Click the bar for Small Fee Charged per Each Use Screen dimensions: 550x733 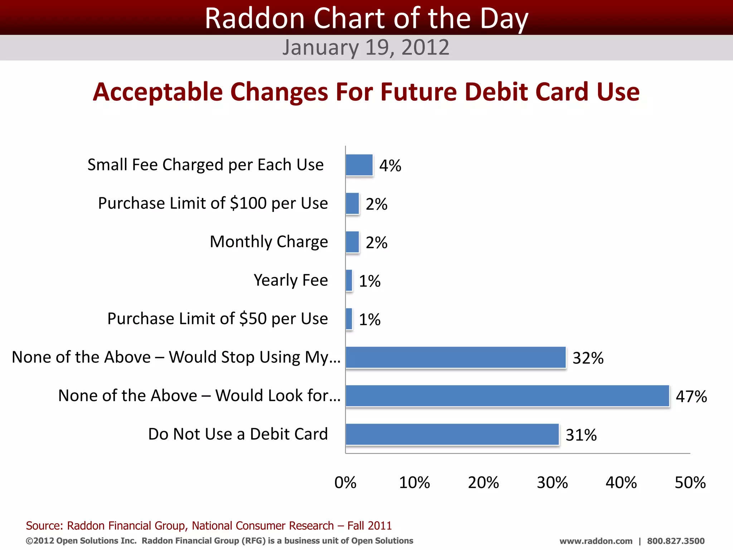[x=359, y=165]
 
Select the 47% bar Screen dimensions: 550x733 [x=507, y=396]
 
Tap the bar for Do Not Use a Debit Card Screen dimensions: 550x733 [x=452, y=434]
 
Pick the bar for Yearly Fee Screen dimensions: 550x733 [x=349, y=280]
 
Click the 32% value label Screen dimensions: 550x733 [x=588, y=358]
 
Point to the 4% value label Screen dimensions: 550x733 [x=390, y=166]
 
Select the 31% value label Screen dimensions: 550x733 [x=581, y=435]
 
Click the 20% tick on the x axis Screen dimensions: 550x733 [x=483, y=482]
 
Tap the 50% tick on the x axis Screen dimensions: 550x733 [x=690, y=482]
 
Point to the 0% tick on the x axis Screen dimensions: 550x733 [x=345, y=482]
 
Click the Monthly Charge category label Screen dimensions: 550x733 [x=268, y=242]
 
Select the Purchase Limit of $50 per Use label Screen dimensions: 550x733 [x=217, y=319]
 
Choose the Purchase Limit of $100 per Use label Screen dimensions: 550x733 [x=213, y=203]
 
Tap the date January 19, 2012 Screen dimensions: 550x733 [x=366, y=47]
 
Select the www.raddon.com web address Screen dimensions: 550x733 [x=596, y=541]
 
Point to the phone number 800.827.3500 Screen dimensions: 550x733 [x=675, y=541]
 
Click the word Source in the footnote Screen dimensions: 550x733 [x=44, y=525]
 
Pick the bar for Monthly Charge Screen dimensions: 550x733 [x=352, y=242]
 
